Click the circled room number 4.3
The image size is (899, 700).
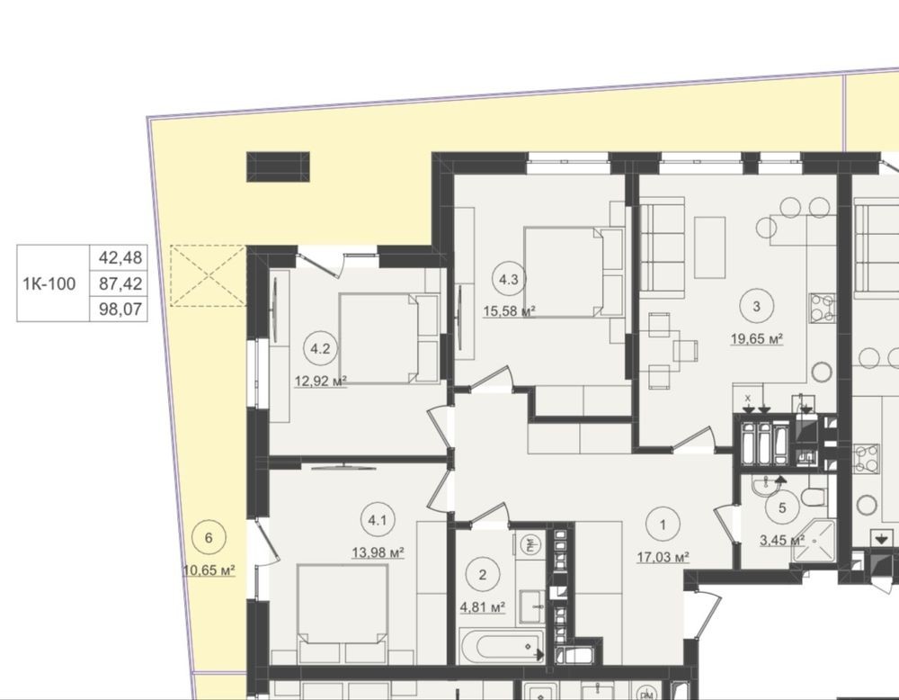click(x=509, y=280)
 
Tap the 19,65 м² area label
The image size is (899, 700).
click(x=757, y=338)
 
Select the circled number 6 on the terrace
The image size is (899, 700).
click(x=209, y=538)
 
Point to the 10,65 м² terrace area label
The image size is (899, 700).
click(x=209, y=570)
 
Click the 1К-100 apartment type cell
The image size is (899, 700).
click(x=49, y=283)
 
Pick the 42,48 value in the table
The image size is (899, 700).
click(x=120, y=257)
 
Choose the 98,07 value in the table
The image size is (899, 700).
click(x=120, y=310)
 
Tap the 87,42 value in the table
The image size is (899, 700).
click(x=120, y=283)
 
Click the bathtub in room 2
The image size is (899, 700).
click(x=503, y=646)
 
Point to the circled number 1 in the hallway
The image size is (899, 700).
click(x=663, y=525)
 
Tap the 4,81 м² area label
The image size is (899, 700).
click(x=483, y=606)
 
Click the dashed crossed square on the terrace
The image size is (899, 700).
click(x=209, y=275)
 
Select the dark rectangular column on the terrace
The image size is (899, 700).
click(x=278, y=166)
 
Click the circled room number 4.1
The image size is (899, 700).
click(x=378, y=521)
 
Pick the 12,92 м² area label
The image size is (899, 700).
click(x=321, y=381)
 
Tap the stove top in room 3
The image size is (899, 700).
click(x=822, y=308)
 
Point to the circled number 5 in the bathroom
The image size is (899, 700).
click(x=783, y=507)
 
